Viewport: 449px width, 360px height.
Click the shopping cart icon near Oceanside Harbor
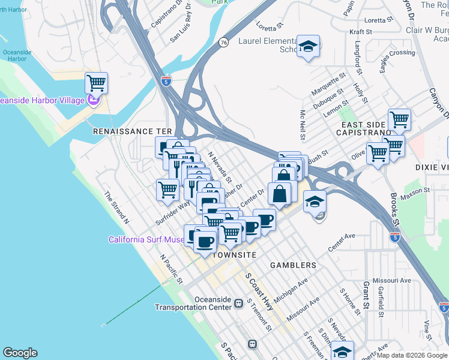click(x=96, y=82)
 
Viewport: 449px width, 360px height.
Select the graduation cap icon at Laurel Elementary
click(x=308, y=46)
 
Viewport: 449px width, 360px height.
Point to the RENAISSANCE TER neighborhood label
click(x=133, y=131)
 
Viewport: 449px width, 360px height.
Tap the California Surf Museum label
click(x=146, y=240)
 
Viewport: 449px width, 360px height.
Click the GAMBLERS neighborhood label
click(x=293, y=265)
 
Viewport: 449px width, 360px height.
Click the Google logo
click(x=20, y=353)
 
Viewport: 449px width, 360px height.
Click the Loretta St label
click(x=269, y=26)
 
